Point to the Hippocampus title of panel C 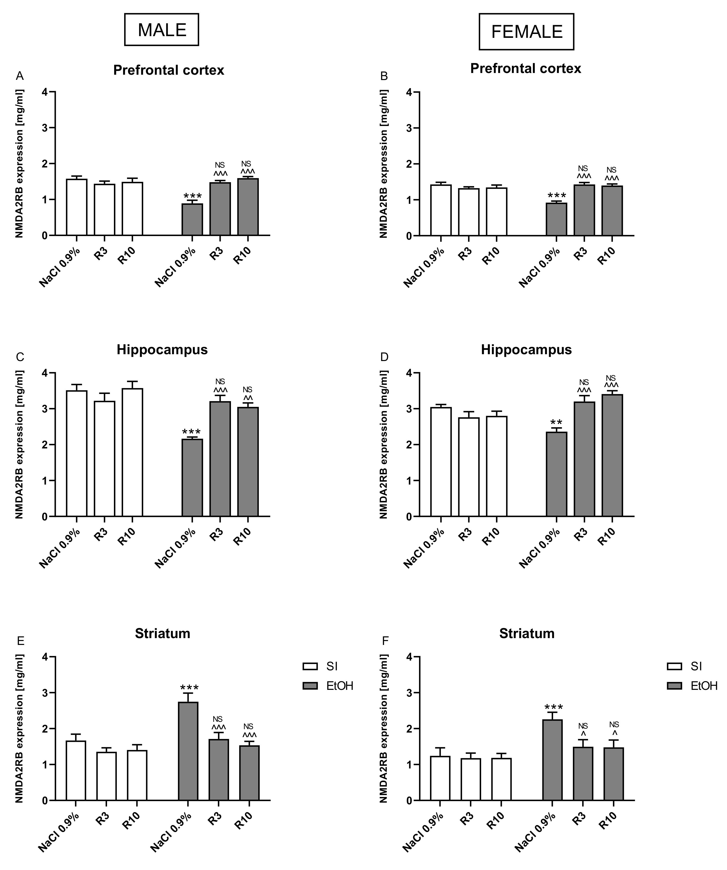(162, 350)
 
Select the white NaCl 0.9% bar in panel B (441, 210)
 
